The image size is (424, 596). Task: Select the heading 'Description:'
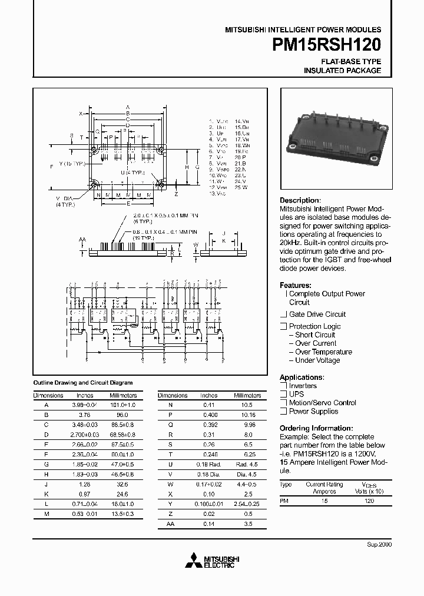(x=300, y=200)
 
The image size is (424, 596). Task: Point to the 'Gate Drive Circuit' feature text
(x=317, y=314)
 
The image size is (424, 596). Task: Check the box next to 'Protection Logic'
(x=283, y=326)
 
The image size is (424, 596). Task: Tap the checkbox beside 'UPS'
(x=283, y=395)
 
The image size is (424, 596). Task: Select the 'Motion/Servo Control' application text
(x=322, y=403)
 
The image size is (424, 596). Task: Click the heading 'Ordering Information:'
(x=316, y=428)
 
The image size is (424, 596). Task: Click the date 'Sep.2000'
(x=379, y=544)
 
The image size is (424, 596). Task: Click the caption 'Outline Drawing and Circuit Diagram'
(x=82, y=382)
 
